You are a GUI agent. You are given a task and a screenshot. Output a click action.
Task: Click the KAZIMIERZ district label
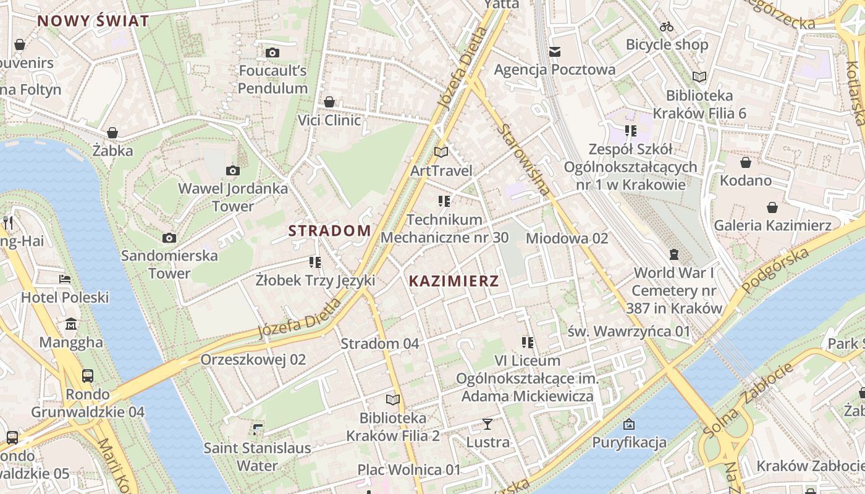(454, 282)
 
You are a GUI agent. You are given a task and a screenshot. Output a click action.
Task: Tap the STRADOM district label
(330, 231)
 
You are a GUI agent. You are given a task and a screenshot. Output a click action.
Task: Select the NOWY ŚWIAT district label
(93, 21)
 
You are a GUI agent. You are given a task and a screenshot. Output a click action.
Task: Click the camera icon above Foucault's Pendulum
(272, 53)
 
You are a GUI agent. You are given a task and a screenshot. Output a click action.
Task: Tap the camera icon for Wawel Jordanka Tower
(233, 170)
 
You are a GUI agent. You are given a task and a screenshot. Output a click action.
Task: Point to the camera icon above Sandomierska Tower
(169, 238)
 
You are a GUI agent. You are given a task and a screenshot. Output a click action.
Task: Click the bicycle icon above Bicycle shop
(667, 27)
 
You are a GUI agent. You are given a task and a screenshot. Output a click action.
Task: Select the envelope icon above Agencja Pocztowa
(555, 51)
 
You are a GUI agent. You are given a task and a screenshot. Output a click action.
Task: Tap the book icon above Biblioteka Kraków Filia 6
(699, 77)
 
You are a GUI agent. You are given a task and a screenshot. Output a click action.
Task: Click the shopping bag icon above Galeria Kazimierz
(772, 207)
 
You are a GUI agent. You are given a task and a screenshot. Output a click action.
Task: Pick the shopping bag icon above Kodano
(746, 162)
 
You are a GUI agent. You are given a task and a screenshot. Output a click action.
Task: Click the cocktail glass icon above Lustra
(487, 424)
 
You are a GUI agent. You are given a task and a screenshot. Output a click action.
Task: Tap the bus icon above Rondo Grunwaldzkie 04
(88, 375)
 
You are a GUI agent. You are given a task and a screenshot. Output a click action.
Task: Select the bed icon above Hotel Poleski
(65, 278)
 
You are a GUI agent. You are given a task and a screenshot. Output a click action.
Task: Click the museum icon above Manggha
(71, 324)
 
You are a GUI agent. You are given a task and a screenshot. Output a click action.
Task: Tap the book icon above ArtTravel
(441, 152)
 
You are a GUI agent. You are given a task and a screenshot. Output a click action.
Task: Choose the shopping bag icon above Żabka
(112, 133)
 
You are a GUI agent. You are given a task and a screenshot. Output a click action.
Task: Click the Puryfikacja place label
(629, 442)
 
